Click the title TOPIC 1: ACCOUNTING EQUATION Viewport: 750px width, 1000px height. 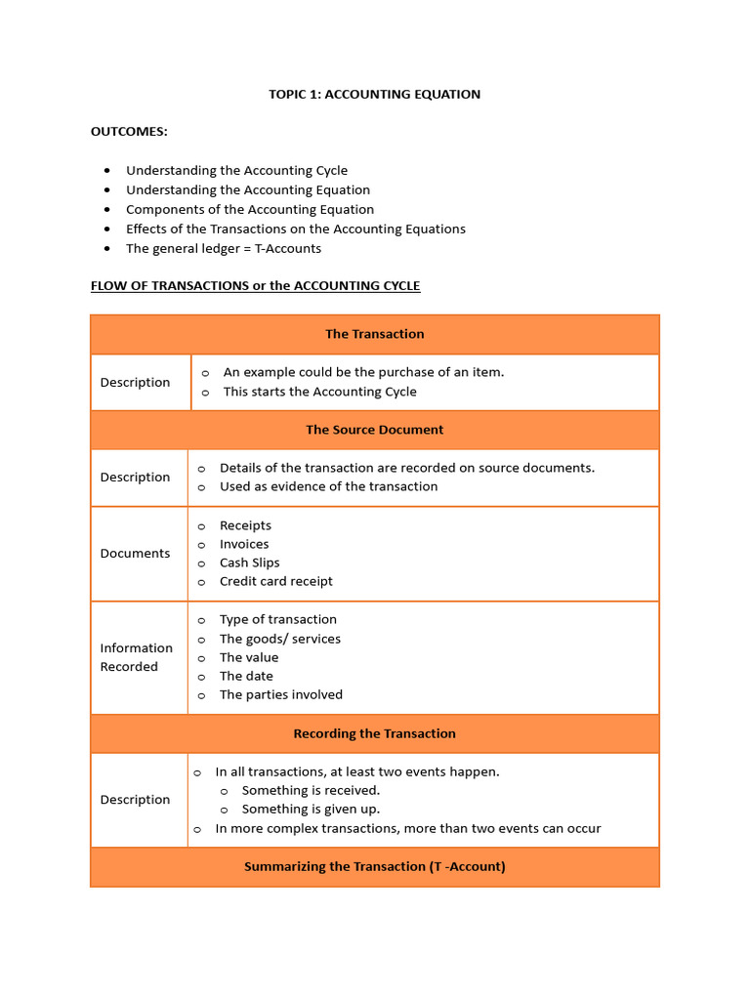[x=374, y=95]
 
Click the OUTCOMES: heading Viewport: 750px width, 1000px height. [x=129, y=132]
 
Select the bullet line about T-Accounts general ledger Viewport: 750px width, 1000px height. [x=223, y=248]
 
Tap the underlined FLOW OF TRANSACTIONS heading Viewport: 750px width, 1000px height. [x=255, y=286]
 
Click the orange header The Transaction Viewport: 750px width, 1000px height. [x=374, y=334]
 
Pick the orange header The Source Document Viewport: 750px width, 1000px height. [x=374, y=430]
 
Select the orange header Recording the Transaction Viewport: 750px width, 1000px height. [x=374, y=733]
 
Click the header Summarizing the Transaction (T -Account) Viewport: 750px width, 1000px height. [x=374, y=866]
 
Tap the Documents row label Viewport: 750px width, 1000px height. [x=135, y=553]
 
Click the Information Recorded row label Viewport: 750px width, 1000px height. [x=136, y=657]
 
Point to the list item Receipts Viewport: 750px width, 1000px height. [x=245, y=525]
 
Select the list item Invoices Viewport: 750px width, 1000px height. [x=244, y=544]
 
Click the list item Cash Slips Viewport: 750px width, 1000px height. [x=249, y=562]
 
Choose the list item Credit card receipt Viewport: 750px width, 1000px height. [x=275, y=581]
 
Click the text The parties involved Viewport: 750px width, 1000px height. [x=280, y=694]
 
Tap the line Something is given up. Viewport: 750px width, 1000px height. [x=311, y=809]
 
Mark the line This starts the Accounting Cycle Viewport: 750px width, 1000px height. [x=319, y=392]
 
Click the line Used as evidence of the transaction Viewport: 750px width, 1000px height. [x=328, y=486]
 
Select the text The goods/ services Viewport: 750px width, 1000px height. [x=279, y=639]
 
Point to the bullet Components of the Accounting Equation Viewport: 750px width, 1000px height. [x=249, y=209]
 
